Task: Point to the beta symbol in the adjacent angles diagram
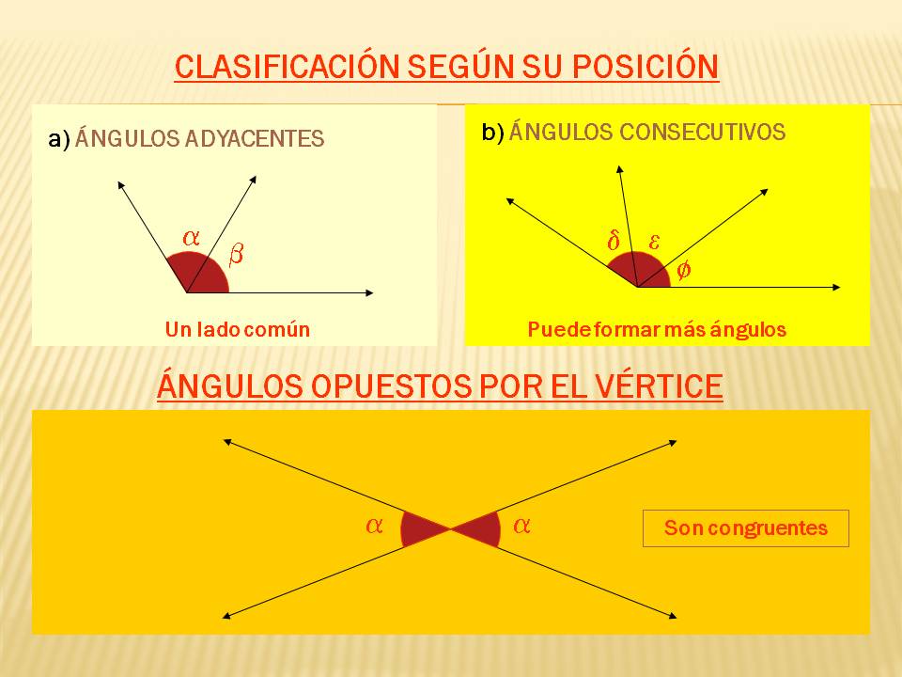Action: click(x=236, y=253)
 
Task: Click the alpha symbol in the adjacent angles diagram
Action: click(x=191, y=238)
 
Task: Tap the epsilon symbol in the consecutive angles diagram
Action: click(x=655, y=242)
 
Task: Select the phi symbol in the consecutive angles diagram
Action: click(x=683, y=270)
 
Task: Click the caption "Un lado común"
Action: click(x=237, y=330)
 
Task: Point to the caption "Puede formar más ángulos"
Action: click(x=656, y=330)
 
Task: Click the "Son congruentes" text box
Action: click(x=745, y=528)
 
